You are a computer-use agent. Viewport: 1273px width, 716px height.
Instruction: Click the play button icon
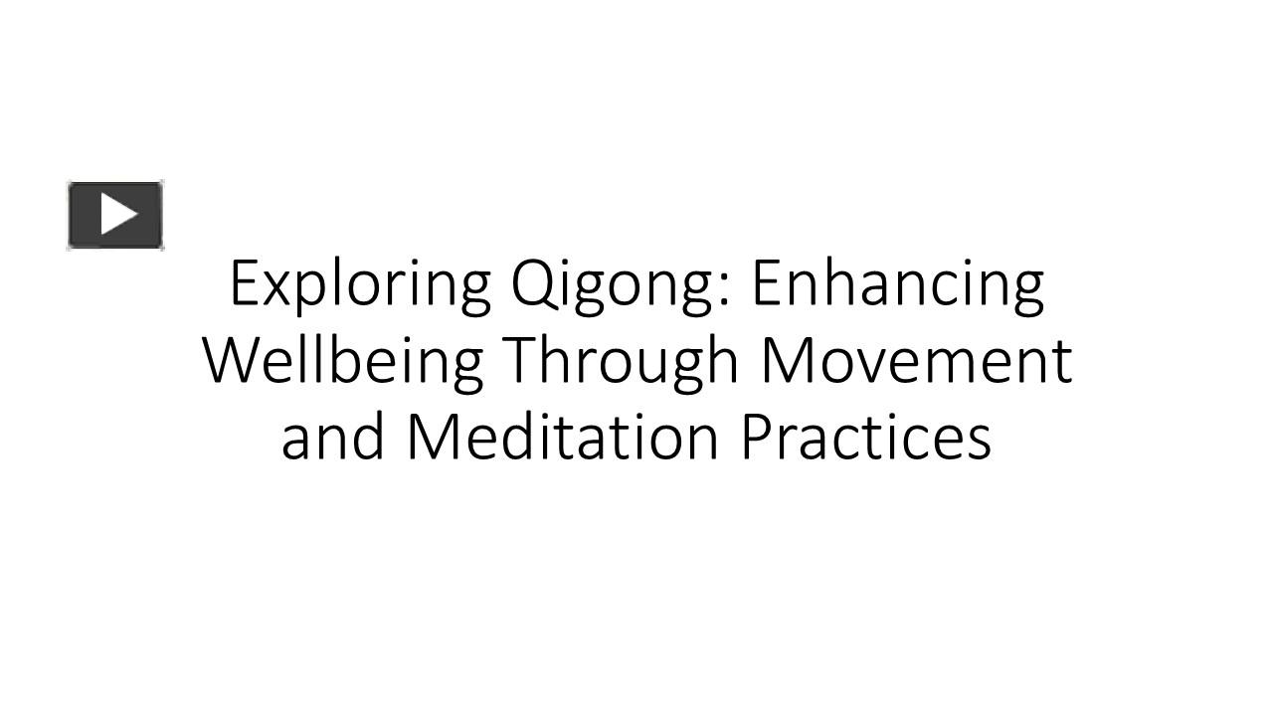[x=115, y=215]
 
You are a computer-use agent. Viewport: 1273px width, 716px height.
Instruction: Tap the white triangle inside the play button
[x=118, y=214]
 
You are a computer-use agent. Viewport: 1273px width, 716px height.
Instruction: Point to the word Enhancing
[x=897, y=285]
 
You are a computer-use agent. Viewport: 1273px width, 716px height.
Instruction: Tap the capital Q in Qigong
[x=531, y=285]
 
